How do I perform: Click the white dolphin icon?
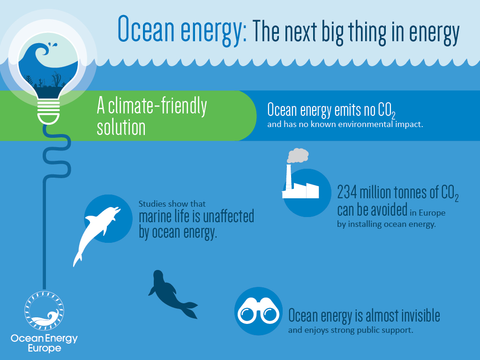click(96, 230)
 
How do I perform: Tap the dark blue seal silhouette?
click(169, 293)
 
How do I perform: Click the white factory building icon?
click(300, 187)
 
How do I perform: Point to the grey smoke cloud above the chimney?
click(298, 156)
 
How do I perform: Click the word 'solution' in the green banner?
click(121, 127)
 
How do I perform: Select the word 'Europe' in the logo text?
click(44, 348)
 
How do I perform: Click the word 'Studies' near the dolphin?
click(151, 204)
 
